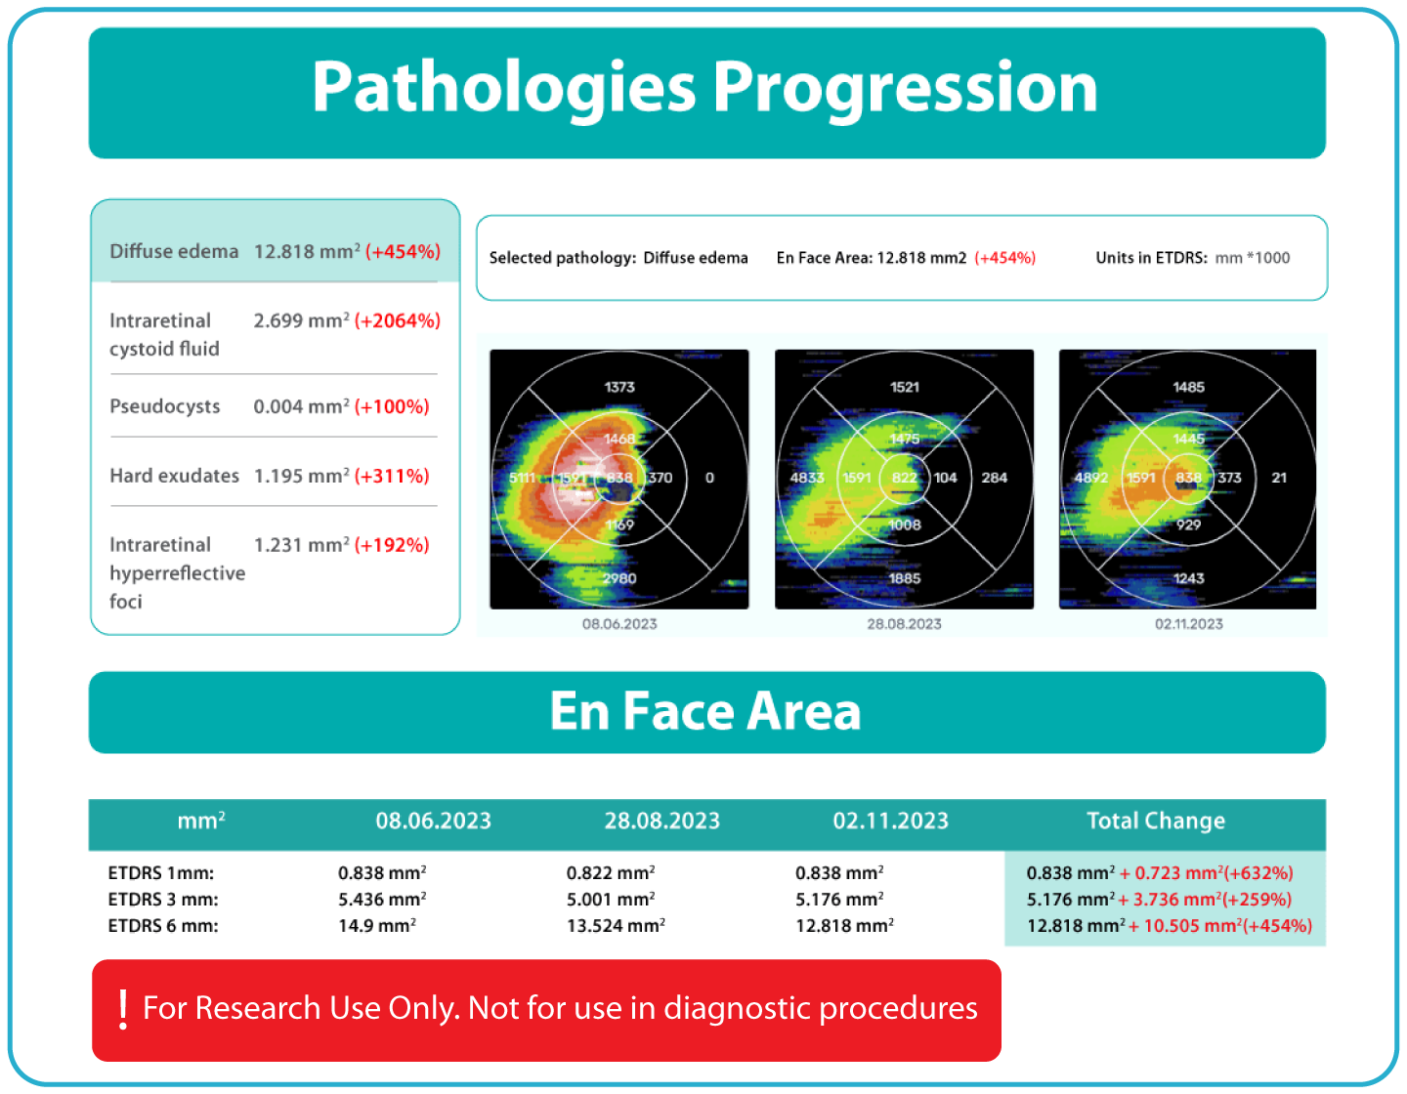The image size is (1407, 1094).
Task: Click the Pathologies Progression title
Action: click(704, 88)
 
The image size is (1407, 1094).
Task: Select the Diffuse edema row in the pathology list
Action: click(275, 251)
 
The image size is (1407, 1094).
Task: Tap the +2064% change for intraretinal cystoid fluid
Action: click(397, 320)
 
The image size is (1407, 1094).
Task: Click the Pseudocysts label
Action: click(164, 406)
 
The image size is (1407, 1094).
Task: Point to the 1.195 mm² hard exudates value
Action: click(301, 476)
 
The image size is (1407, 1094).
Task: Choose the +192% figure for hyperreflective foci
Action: click(392, 545)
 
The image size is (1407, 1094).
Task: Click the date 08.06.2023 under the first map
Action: click(619, 624)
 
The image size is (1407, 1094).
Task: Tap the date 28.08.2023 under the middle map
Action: click(904, 624)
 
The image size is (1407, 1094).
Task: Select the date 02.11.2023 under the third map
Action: click(1188, 624)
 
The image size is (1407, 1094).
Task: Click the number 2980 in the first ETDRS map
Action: click(619, 578)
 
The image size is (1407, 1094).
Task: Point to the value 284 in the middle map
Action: click(994, 478)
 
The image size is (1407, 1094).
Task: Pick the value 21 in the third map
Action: click(1279, 478)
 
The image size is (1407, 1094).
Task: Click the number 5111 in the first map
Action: click(523, 478)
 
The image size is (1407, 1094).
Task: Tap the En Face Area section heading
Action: click(704, 711)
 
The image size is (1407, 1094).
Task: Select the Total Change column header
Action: click(1155, 821)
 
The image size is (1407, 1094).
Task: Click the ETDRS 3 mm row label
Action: click(163, 900)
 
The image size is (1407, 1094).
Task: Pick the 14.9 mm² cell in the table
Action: click(377, 926)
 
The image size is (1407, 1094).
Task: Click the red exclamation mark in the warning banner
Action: click(123, 1009)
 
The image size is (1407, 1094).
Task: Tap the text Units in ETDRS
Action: click(1151, 258)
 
